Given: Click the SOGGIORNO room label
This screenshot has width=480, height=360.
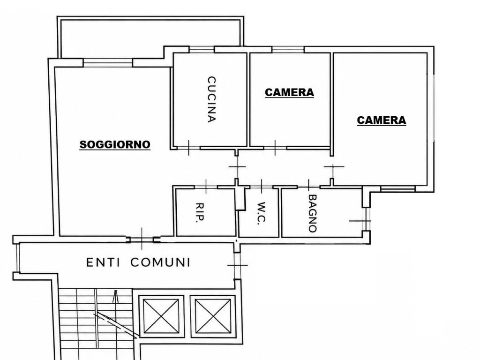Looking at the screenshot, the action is (115, 144).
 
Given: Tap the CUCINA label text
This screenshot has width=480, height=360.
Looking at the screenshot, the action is (211, 99).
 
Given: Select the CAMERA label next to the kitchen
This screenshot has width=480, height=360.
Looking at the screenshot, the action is (289, 92).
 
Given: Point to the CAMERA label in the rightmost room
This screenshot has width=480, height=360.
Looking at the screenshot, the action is (382, 120).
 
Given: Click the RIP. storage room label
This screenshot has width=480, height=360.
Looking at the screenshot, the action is (200, 212).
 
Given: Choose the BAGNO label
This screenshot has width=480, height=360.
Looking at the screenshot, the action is (313, 213).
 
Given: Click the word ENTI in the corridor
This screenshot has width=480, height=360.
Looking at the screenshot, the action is (103, 262).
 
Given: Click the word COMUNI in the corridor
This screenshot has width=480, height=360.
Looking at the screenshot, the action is (161, 262).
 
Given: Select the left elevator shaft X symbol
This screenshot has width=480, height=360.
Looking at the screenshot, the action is (161, 316).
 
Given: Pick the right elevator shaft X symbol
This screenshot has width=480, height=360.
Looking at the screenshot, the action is (213, 316).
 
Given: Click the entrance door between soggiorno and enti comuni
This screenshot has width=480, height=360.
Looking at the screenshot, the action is (142, 240).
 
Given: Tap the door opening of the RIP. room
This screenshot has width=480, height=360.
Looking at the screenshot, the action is (206, 187).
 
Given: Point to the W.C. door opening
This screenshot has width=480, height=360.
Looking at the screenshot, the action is (262, 187).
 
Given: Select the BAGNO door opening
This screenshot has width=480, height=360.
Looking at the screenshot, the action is (309, 187).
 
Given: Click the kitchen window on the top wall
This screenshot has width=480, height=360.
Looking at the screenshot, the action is (202, 49).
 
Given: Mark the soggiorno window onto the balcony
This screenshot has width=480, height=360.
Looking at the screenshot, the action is (108, 63).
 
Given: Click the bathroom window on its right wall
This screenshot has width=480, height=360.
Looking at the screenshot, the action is (366, 219).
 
